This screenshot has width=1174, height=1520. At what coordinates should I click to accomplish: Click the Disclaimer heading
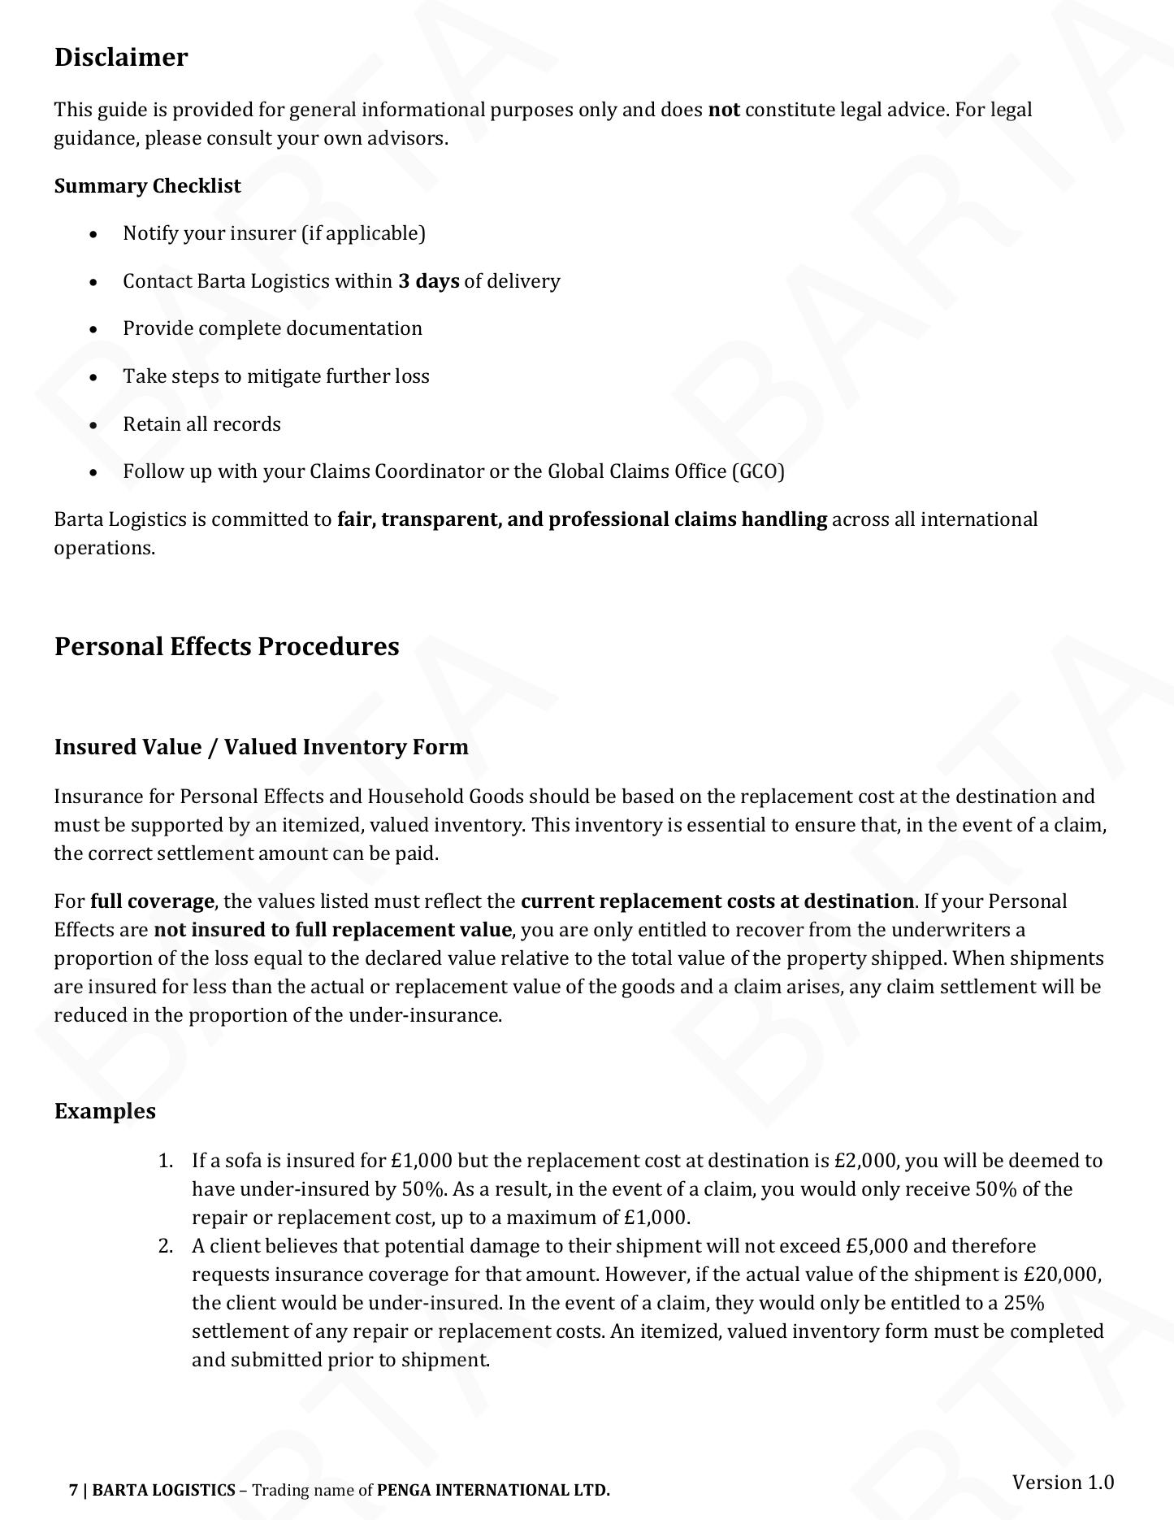pyautogui.click(x=121, y=58)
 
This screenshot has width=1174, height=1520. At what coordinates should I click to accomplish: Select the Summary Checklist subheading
pyautogui.click(x=148, y=186)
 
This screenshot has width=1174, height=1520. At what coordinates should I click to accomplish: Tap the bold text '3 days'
pyautogui.click(x=428, y=281)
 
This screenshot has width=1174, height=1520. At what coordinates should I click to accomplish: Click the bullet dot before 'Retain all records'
pyautogui.click(x=95, y=425)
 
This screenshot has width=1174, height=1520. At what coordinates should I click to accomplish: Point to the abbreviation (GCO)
pyautogui.click(x=757, y=471)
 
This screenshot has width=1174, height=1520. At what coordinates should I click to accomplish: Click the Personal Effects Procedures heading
pyautogui.click(x=227, y=646)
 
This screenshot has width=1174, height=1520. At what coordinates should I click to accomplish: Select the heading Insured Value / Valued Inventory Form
pyautogui.click(x=261, y=747)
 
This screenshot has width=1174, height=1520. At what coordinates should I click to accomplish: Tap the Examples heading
pyautogui.click(x=105, y=1111)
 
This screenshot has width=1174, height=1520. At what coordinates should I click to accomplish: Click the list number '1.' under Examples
pyautogui.click(x=166, y=1161)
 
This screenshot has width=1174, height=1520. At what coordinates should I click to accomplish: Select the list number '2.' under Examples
pyautogui.click(x=166, y=1246)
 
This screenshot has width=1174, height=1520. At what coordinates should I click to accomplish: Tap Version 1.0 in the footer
pyautogui.click(x=1063, y=1482)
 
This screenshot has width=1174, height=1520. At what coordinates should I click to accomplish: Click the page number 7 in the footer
pyautogui.click(x=74, y=1490)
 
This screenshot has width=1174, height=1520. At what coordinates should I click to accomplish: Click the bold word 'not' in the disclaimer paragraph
pyautogui.click(x=724, y=110)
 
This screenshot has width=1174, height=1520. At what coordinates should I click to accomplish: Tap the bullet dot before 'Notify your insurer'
pyautogui.click(x=95, y=235)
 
